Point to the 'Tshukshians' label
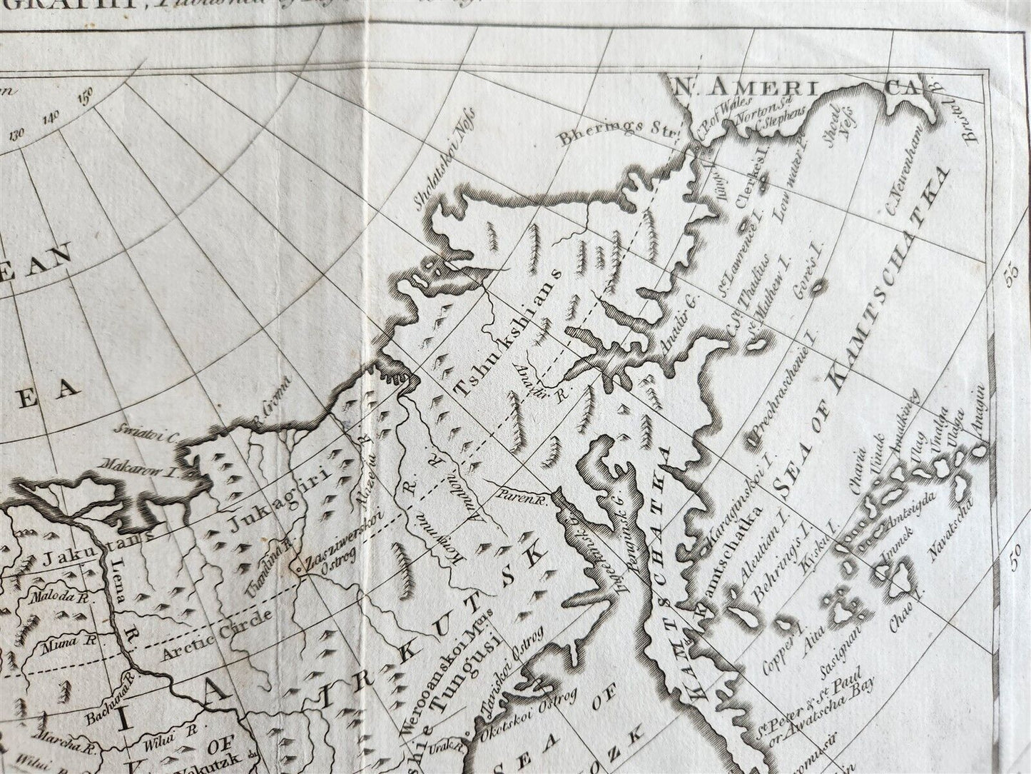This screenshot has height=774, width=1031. [509, 334]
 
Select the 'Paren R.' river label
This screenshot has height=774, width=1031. [522, 491]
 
